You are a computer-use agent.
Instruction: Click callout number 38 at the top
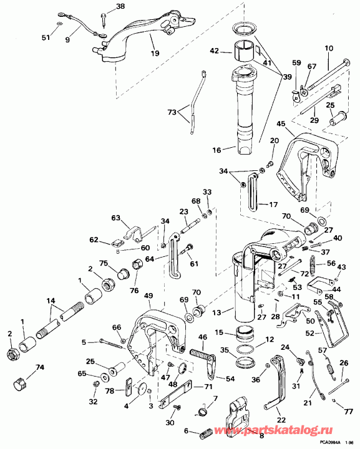coord(120,7)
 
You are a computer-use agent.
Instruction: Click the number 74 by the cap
coord(41,367)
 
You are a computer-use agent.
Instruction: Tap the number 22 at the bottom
coord(281,420)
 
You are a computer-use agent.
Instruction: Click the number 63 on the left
coord(115,218)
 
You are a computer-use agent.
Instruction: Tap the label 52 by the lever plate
coord(327,332)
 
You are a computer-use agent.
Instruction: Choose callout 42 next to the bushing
coord(213,51)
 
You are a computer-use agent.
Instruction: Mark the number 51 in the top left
coord(45,37)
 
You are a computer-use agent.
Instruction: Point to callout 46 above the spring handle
coord(202,337)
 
